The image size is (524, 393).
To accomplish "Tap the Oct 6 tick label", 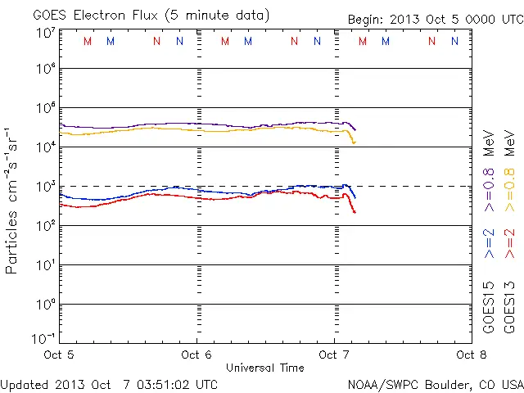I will point(197,355).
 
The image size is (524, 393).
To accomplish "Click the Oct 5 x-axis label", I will point(60,355).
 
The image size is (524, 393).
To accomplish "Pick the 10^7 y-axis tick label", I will point(45,32).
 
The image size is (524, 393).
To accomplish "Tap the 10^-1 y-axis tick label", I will point(45,338).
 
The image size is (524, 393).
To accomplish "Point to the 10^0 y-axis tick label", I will point(45,305).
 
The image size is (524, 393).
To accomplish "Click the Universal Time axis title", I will point(265,368).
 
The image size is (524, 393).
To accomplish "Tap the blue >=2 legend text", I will point(490,243).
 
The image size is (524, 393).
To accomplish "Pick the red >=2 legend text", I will point(510,243).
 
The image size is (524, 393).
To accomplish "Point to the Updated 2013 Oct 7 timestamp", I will point(109,383).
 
